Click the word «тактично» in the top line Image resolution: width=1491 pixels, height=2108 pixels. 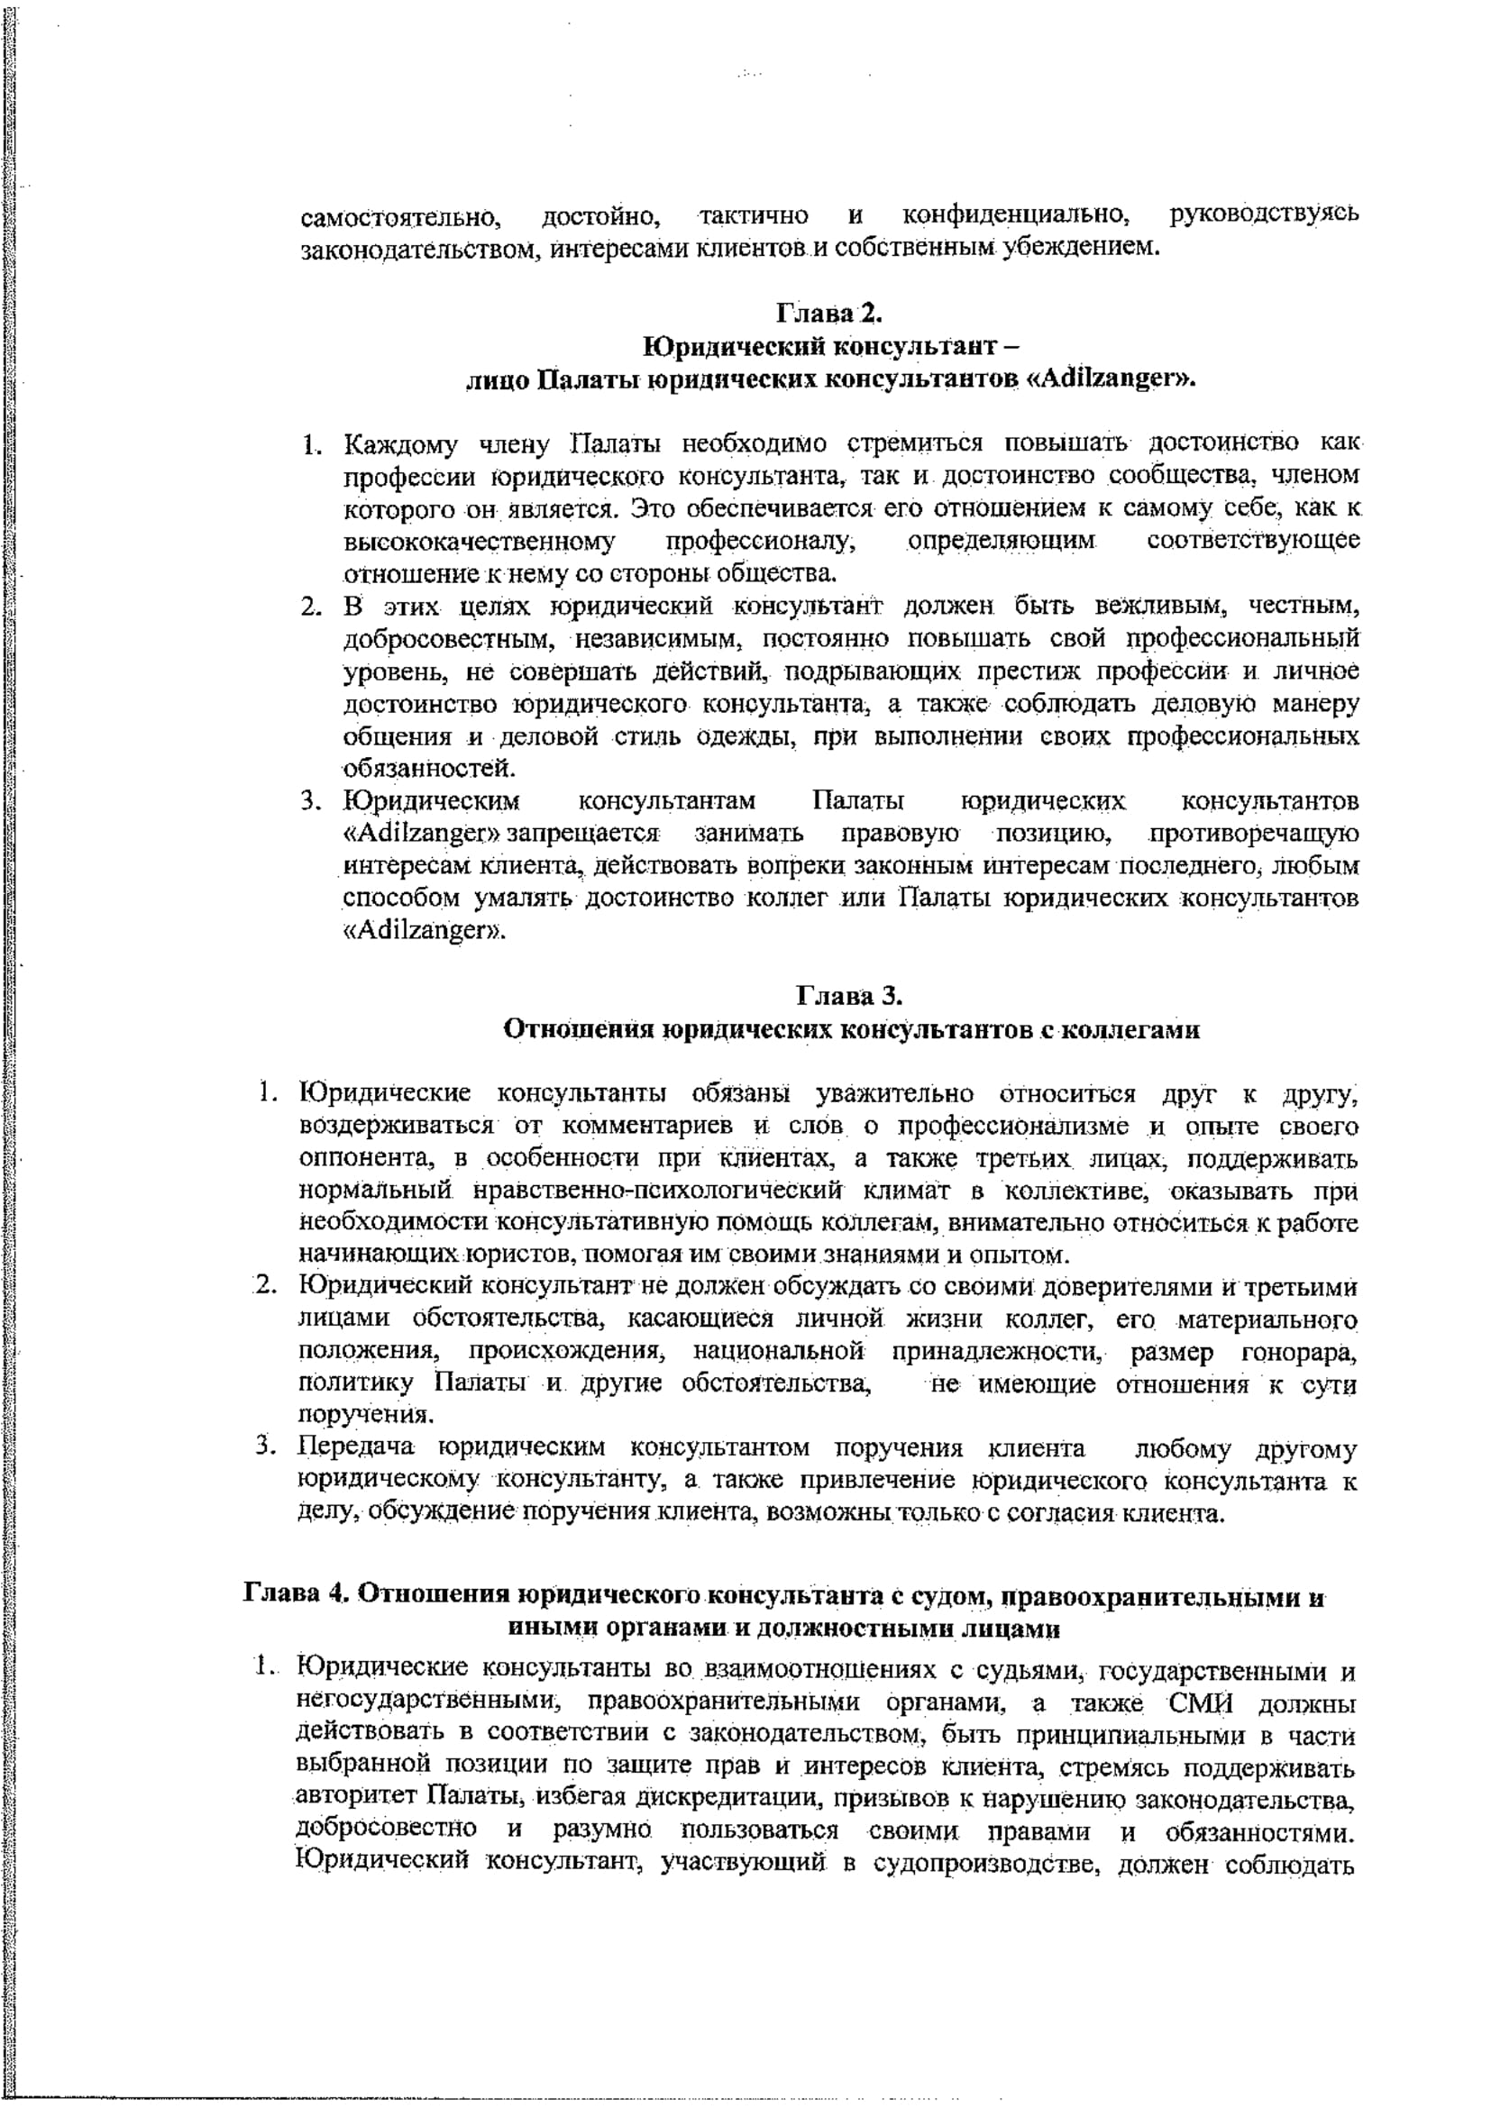pyautogui.click(x=754, y=215)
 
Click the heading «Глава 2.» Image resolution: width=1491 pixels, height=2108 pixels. pyautogui.click(x=829, y=315)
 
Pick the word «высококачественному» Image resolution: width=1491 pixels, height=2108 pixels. pyautogui.click(x=480, y=541)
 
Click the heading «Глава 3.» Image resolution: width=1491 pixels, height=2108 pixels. pyautogui.click(x=851, y=996)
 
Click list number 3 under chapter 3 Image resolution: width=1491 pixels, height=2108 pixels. pyautogui.click(x=266, y=1448)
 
